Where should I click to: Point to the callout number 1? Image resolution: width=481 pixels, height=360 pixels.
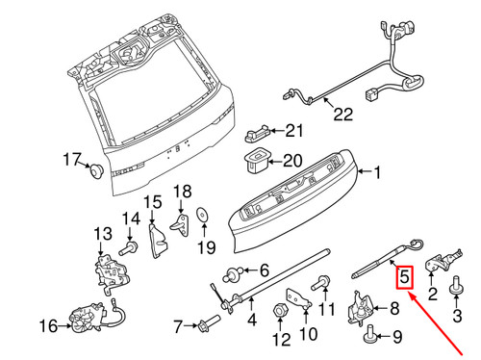tap(377, 173)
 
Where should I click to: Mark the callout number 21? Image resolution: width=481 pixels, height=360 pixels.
tap(292, 131)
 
